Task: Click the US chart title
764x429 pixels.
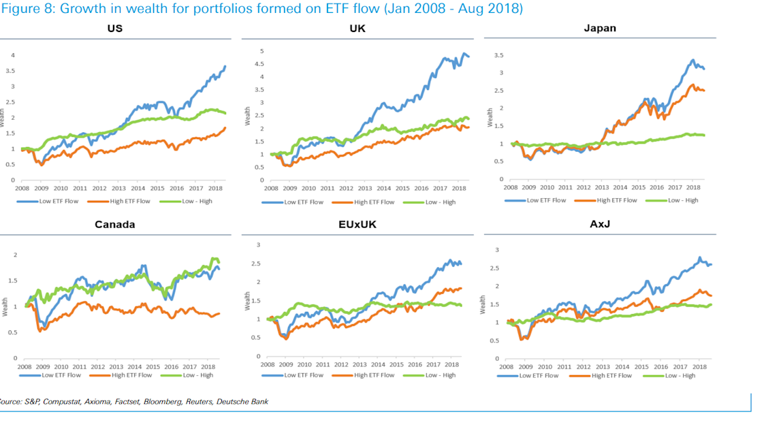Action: point(114,29)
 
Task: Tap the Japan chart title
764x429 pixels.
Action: point(599,29)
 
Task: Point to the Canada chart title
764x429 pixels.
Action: point(114,225)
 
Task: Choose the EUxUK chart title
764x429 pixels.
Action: point(357,225)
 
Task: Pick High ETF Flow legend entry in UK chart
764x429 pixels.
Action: point(374,202)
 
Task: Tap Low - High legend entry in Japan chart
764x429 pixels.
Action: point(682,200)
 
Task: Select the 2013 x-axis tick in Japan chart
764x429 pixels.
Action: point(601,186)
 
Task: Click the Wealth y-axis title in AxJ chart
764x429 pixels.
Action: point(483,304)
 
